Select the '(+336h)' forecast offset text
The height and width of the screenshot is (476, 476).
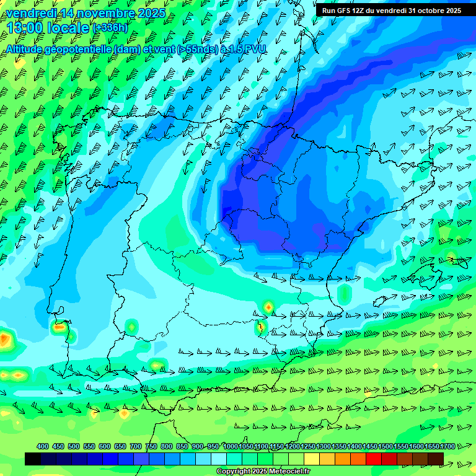click(x=110, y=27)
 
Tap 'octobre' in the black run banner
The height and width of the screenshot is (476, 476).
click(x=425, y=11)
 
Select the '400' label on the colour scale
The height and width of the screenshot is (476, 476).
click(x=43, y=446)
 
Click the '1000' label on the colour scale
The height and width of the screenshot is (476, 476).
click(x=230, y=446)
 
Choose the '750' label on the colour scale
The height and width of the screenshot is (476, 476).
click(x=151, y=446)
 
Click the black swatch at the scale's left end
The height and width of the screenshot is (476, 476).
click(x=33, y=459)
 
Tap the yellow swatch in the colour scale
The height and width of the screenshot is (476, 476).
click(x=312, y=459)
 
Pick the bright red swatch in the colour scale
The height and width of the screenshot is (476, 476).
click(x=374, y=459)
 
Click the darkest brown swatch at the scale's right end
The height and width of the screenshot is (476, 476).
click(x=436, y=459)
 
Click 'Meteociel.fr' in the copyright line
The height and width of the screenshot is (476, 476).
click(x=287, y=472)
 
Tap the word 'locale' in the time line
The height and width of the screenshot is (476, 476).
click(x=68, y=27)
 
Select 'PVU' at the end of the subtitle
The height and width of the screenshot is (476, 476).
click(x=255, y=49)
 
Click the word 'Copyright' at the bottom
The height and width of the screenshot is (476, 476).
click(x=232, y=472)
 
